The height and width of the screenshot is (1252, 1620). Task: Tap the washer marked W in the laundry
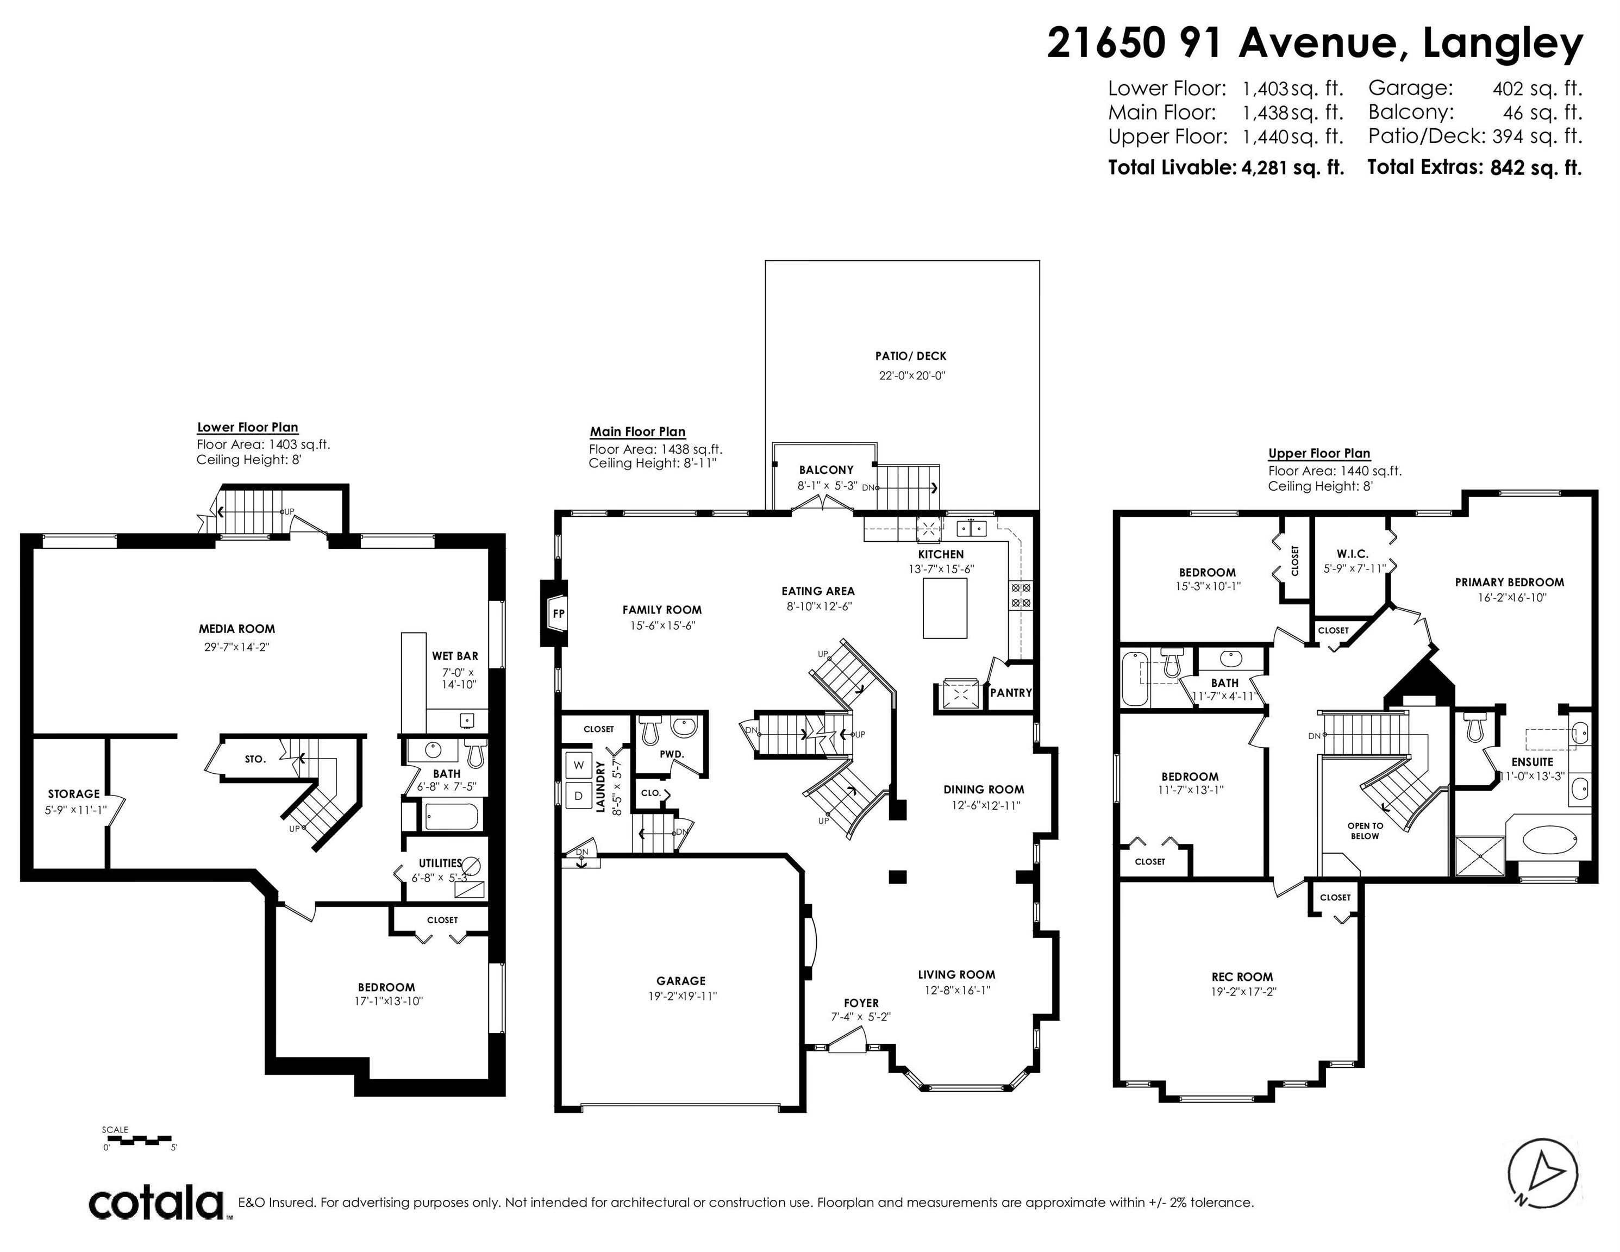(x=579, y=765)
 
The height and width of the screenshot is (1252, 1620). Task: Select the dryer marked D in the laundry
(x=579, y=796)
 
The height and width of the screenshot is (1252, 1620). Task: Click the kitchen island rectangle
(x=945, y=608)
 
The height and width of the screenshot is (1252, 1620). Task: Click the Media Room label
(x=236, y=629)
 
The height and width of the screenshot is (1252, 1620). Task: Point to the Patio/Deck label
(x=911, y=356)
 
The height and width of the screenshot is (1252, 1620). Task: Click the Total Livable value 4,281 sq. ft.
(x=1293, y=167)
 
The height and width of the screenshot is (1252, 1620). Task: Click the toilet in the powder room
(x=650, y=730)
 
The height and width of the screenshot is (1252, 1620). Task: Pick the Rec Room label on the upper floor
(x=1242, y=978)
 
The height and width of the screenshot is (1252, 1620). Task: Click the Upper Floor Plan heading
(x=1319, y=453)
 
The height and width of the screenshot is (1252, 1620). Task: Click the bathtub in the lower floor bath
(x=453, y=817)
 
